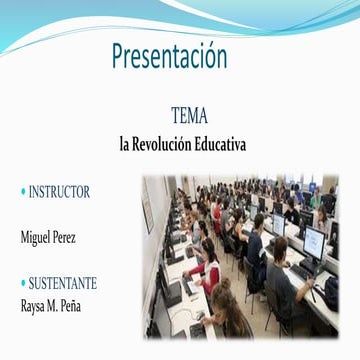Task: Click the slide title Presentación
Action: click(x=169, y=55)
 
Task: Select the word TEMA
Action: click(x=190, y=118)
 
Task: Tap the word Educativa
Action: click(x=224, y=144)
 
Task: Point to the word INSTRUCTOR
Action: click(x=59, y=192)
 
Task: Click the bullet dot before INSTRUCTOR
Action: click(x=23, y=192)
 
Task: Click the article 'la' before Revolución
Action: click(x=125, y=144)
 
